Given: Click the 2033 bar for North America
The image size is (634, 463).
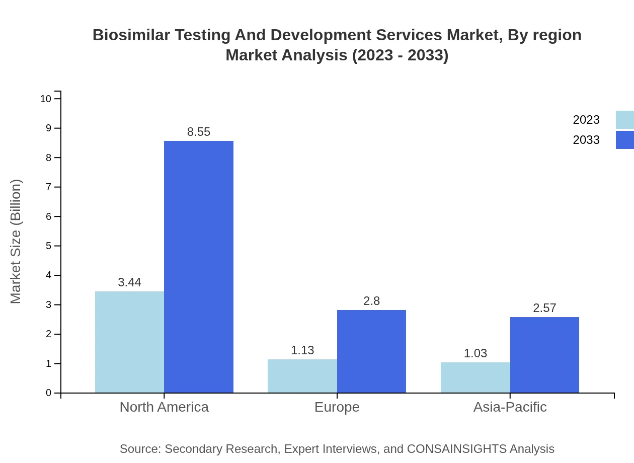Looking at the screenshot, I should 199,267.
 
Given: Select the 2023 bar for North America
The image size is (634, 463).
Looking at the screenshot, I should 129,342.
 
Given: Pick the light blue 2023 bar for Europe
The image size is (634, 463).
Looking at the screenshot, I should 302,376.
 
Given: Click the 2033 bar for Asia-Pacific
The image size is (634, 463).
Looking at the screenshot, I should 544,355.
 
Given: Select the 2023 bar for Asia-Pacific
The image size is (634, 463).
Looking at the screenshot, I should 475,377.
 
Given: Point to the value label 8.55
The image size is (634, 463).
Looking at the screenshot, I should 199,132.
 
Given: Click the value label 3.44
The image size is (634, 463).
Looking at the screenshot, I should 129,282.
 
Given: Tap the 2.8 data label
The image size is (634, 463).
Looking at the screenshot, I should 371,301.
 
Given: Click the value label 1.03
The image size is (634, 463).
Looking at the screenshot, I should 475,353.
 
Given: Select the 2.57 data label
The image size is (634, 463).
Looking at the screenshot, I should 544,308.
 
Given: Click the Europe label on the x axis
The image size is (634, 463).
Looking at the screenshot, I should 337,407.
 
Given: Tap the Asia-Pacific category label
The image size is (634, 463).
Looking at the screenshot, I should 510,407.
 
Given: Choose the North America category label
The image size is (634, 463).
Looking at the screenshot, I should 164,407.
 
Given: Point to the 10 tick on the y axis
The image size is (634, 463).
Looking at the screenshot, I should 46,99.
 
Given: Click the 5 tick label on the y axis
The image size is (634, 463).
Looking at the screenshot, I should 48,246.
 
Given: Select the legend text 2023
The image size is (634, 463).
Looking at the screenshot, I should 586,120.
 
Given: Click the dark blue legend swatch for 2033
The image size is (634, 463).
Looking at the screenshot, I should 624,140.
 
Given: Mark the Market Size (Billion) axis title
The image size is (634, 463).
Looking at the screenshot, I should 16,242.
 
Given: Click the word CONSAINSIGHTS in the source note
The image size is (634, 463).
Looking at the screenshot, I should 456,448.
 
